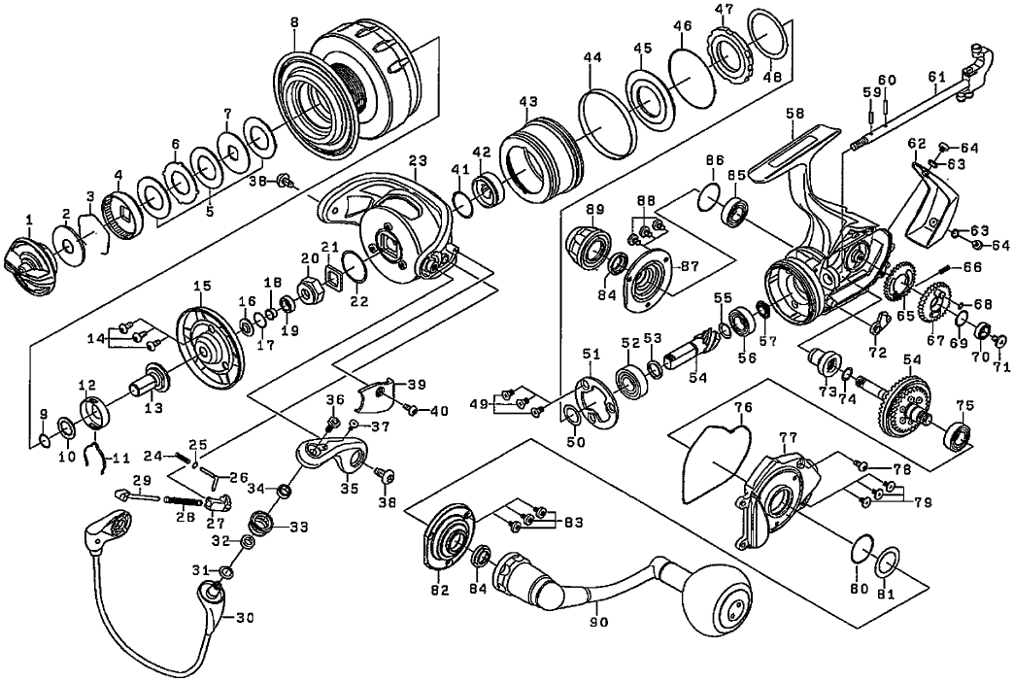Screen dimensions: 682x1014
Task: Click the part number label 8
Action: (x=293, y=18)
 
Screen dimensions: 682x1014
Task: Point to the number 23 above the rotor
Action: (x=418, y=161)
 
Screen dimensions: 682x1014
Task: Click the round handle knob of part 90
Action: (x=720, y=603)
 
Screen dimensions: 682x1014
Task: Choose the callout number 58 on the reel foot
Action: (x=795, y=114)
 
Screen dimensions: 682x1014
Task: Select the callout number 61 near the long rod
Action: (x=936, y=77)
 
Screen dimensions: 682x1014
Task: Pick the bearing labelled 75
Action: (x=960, y=436)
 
